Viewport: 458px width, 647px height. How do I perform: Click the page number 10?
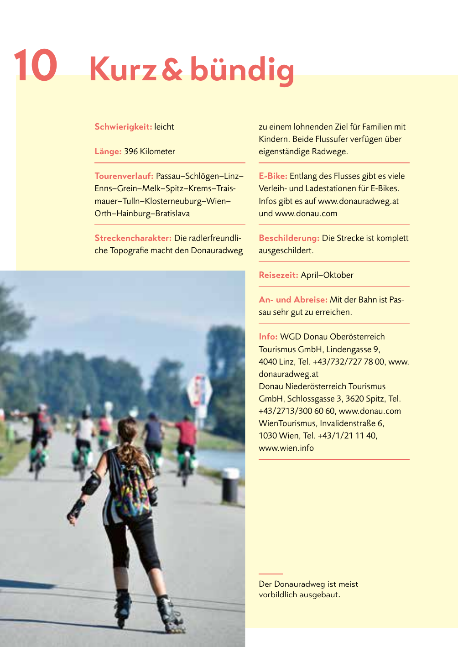point(36,66)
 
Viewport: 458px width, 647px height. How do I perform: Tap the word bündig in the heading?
point(242,69)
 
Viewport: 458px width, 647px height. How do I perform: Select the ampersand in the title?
point(172,69)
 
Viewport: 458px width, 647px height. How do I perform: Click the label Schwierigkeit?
point(123,127)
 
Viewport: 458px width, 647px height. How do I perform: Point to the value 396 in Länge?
point(131,151)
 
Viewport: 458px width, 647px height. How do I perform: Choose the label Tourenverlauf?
point(124,176)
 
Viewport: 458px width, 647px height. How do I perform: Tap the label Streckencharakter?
point(133,238)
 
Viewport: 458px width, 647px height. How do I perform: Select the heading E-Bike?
point(273,176)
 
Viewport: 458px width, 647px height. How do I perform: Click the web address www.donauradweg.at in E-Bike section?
point(358,201)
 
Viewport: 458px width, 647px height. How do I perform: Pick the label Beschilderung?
point(289,238)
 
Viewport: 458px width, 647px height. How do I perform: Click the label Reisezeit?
point(278,275)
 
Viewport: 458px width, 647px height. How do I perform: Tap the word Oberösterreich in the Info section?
point(357,337)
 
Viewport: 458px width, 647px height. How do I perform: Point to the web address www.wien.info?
point(286,448)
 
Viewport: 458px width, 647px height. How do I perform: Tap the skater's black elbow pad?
point(92,483)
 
